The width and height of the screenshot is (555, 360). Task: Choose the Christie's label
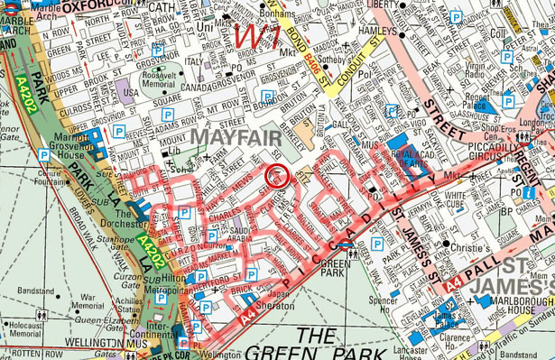coord(467,245)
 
